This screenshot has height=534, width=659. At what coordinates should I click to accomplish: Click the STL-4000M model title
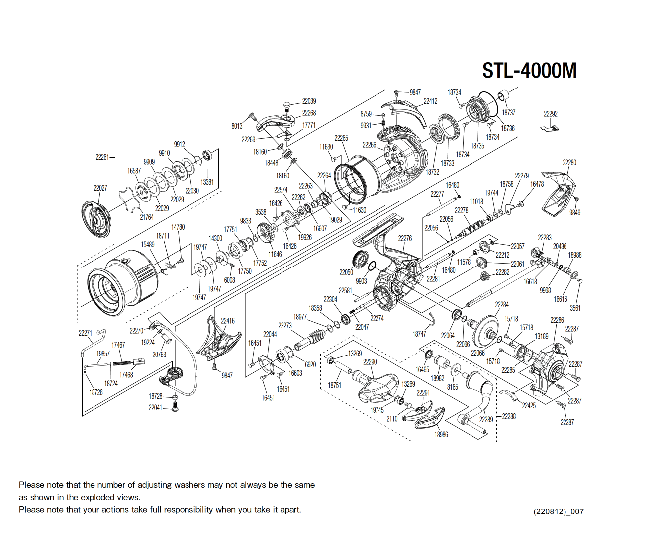529,71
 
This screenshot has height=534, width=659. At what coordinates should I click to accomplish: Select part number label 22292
550,114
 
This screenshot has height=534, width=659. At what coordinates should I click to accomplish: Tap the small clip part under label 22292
550,129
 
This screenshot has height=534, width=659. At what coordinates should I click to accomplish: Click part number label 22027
100,188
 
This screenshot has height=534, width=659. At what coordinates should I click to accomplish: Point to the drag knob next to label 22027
95,219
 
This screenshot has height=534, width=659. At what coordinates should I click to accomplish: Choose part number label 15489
148,244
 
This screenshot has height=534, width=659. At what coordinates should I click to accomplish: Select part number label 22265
341,138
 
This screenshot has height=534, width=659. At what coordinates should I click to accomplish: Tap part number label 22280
569,163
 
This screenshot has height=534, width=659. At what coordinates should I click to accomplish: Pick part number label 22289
486,419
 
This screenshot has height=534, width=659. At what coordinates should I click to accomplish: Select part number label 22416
228,321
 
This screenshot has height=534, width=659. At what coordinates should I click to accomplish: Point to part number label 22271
85,333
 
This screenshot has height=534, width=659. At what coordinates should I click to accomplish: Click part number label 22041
155,407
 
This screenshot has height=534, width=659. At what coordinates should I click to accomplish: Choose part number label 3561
575,308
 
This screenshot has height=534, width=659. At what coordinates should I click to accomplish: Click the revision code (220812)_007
558,511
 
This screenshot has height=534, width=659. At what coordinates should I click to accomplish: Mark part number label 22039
309,101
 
